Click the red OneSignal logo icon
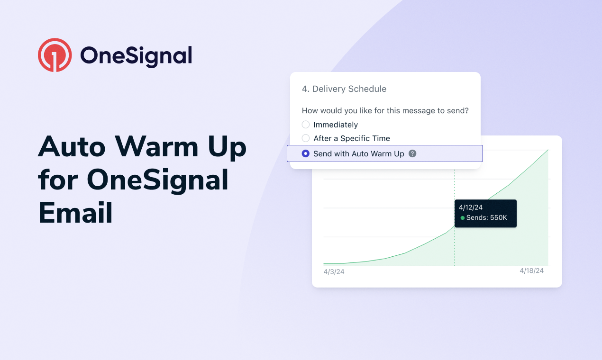click(55, 55)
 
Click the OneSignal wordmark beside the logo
click(136, 56)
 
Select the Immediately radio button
click(306, 125)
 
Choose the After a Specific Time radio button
click(306, 138)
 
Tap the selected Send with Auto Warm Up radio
click(306, 153)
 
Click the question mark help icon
click(412, 153)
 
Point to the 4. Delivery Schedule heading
click(344, 89)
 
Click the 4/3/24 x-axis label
click(334, 271)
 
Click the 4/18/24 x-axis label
click(531, 270)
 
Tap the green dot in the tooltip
click(463, 218)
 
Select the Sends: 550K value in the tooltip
click(486, 217)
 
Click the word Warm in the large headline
click(157, 147)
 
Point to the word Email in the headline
click(75, 213)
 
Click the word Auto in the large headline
click(72, 147)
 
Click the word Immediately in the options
click(336, 125)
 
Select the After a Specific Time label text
click(352, 138)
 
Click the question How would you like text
click(385, 110)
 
